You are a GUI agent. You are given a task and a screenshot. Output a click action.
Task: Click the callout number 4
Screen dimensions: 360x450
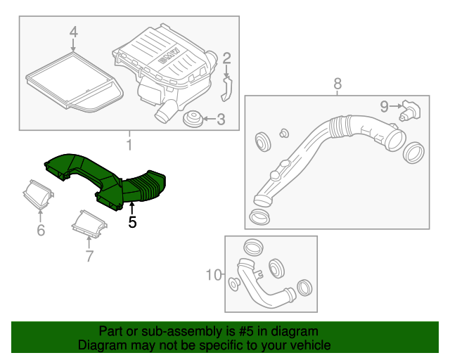tap(74, 32)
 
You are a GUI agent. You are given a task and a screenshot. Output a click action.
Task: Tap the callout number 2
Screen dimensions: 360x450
tap(226, 58)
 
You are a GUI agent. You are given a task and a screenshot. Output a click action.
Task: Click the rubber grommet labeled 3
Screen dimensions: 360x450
tap(191, 120)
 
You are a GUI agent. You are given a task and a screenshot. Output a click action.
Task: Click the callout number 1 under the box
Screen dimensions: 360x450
tap(129, 145)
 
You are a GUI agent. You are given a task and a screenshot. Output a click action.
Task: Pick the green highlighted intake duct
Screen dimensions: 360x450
tap(105, 179)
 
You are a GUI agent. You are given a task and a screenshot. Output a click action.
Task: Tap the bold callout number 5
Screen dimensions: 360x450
tap(131, 223)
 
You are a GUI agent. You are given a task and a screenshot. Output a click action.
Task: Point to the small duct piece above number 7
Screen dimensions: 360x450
tap(89, 224)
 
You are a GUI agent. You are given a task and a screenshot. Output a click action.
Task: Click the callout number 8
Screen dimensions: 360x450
tap(337, 84)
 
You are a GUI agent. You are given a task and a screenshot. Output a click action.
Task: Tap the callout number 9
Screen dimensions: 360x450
tap(384, 105)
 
